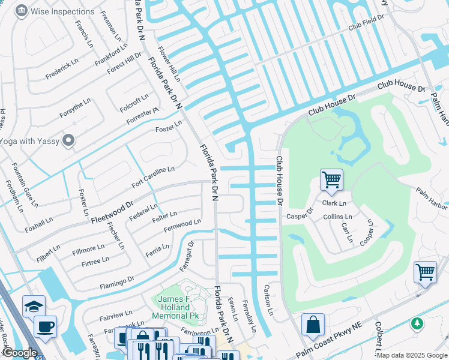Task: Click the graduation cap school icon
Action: [x=33, y=306]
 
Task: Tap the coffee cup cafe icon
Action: [x=45, y=326]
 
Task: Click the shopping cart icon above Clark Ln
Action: [x=331, y=179]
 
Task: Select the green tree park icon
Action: [x=417, y=323]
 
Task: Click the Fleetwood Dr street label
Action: [x=112, y=212]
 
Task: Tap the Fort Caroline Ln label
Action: [x=153, y=177]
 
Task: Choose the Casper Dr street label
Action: [x=300, y=214]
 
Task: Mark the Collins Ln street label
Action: [x=337, y=217]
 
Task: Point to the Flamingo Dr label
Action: [x=117, y=281]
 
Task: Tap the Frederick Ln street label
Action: [x=62, y=69]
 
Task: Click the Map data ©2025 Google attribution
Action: [x=412, y=355]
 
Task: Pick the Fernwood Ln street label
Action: [x=182, y=226]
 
